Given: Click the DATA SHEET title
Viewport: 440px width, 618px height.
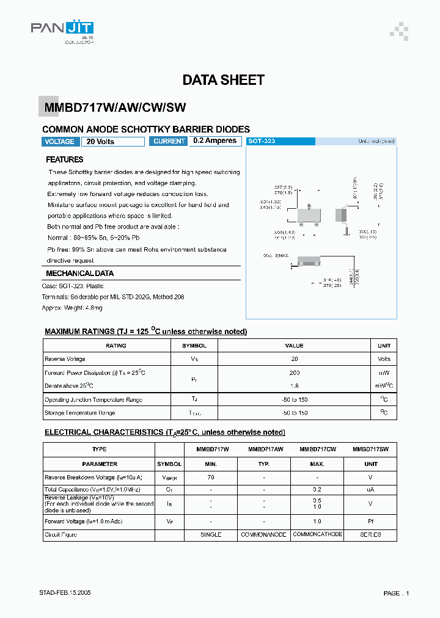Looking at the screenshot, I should point(223,80).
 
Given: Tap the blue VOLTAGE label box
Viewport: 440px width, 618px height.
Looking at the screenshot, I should point(61,142).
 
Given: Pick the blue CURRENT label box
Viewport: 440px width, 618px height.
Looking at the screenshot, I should point(169,142).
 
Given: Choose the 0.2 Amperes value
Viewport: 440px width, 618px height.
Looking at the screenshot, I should point(215,141).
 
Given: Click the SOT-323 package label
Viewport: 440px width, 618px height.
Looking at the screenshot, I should point(262,141).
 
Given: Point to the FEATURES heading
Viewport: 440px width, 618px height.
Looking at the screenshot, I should point(65,159).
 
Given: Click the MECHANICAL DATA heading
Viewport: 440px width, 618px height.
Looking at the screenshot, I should point(79,274).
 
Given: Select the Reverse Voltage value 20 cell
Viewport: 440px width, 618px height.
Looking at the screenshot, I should point(294,359).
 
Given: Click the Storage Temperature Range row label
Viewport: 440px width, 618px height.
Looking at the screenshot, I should point(80,413).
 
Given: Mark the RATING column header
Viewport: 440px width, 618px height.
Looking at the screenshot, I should point(116,346).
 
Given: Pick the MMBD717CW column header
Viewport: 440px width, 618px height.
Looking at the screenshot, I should point(318,449).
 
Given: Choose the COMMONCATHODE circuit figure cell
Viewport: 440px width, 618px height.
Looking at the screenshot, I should point(318,534).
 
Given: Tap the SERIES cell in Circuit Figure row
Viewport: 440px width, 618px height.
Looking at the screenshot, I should point(370,534).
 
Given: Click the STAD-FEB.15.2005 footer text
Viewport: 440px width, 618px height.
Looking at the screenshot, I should point(66,593).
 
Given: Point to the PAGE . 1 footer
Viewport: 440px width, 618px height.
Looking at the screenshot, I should point(396,593).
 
